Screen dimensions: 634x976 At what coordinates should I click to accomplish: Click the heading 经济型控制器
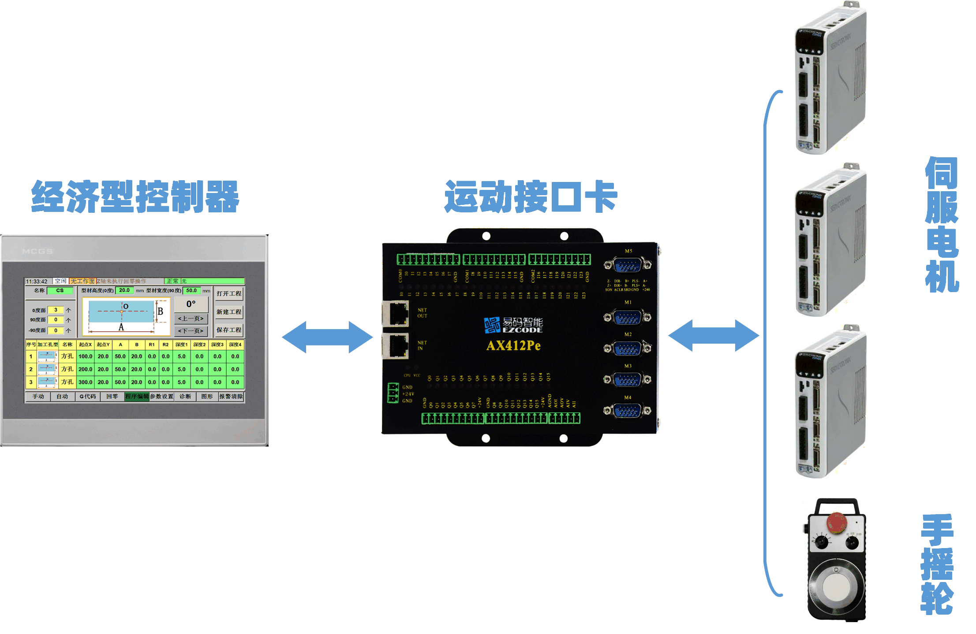click(135, 197)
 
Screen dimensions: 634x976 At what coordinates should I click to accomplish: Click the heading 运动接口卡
click(531, 197)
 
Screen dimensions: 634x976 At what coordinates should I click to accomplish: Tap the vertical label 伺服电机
click(942, 225)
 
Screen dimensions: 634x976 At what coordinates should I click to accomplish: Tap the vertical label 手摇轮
click(937, 564)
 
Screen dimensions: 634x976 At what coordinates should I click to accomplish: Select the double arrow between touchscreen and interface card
click(327, 337)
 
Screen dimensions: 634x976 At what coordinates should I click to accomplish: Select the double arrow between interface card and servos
click(714, 336)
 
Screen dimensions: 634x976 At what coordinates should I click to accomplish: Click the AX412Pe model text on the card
click(513, 346)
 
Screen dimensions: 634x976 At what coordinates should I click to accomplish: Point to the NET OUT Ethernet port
click(396, 313)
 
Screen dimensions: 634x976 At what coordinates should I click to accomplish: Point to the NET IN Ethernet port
click(396, 345)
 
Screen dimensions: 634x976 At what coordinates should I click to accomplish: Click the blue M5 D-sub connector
click(628, 265)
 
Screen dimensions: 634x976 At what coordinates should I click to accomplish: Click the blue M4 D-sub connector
click(627, 411)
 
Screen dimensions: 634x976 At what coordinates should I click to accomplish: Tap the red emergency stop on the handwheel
click(837, 523)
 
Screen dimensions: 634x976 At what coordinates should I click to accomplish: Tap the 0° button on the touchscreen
click(191, 304)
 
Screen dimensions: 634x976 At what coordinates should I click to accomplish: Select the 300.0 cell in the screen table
click(85, 382)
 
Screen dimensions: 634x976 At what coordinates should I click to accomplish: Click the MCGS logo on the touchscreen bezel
click(37, 252)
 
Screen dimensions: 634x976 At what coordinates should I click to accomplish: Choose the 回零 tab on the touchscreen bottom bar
click(112, 397)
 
